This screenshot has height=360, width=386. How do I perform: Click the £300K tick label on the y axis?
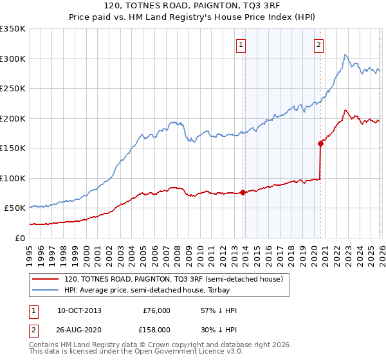tap(13, 59)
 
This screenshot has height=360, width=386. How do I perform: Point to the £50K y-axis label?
tap(15, 208)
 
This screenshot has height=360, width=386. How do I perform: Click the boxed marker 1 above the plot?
tap(241, 45)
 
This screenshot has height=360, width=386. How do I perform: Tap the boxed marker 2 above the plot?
tap(318, 45)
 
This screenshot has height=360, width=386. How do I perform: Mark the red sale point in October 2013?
tap(243, 192)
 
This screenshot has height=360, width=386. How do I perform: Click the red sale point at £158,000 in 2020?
tap(320, 143)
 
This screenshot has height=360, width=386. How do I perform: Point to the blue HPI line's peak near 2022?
tap(345, 55)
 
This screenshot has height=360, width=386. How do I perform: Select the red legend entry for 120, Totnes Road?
tap(173, 279)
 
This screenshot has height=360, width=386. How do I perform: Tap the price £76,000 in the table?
tap(156, 310)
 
